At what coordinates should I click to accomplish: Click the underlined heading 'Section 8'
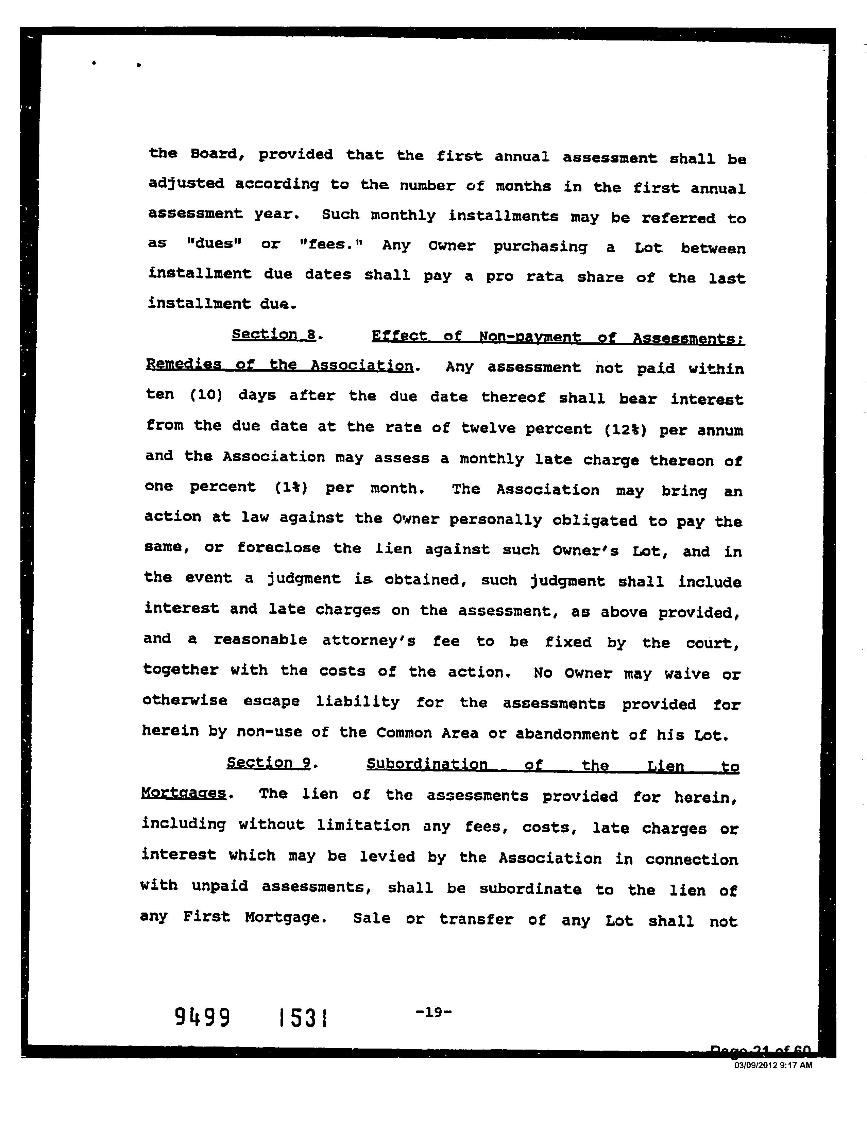(273, 335)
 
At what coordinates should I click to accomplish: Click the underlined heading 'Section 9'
(269, 763)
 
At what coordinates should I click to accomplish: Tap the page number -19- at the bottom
(432, 1012)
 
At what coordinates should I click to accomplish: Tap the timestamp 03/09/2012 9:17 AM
(773, 1065)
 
